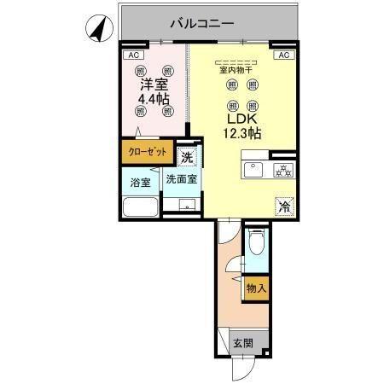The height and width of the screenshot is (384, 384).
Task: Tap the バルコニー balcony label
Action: pos(201,23)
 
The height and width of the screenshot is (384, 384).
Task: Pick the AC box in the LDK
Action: pos(284,55)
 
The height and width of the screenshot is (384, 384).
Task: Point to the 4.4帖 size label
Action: pos(154,100)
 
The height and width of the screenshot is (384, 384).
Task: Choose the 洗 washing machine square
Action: pos(187,158)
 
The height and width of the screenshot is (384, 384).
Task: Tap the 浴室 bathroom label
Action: pos(139,182)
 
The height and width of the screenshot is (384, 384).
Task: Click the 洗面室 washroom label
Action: pos(181,180)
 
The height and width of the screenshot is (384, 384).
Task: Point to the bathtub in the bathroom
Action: pos(139,207)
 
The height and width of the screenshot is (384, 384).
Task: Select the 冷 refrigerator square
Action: pos(284,206)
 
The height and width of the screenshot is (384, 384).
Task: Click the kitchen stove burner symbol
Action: pos(281,171)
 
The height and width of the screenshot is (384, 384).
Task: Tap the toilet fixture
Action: pos(255,244)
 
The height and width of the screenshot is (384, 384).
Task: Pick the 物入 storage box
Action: pos(257,289)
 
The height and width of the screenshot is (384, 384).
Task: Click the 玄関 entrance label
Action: pos(242,343)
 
